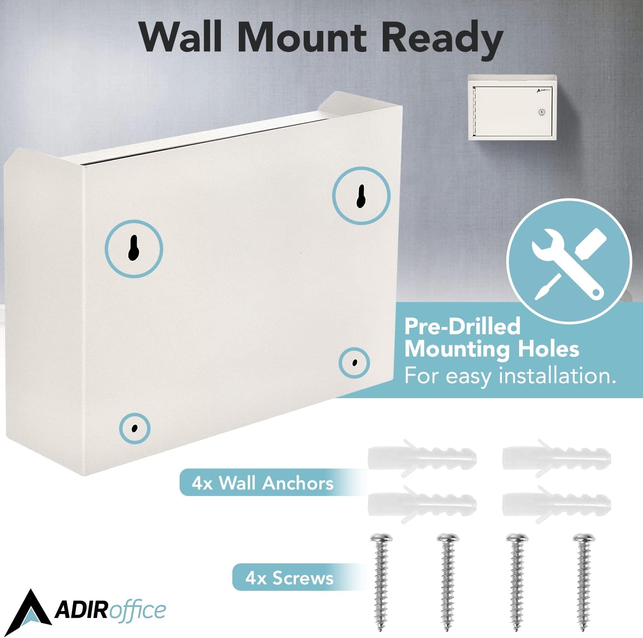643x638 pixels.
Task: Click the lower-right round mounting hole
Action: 354,363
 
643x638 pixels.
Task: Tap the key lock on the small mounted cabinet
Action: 541,112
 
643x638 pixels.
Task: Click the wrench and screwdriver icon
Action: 569,263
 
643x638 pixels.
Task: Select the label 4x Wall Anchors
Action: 262,483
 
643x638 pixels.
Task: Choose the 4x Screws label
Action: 289,578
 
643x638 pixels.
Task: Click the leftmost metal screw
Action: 381,581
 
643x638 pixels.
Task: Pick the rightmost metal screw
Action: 584,581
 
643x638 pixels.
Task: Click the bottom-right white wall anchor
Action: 556,504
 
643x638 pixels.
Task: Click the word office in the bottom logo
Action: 137,610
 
